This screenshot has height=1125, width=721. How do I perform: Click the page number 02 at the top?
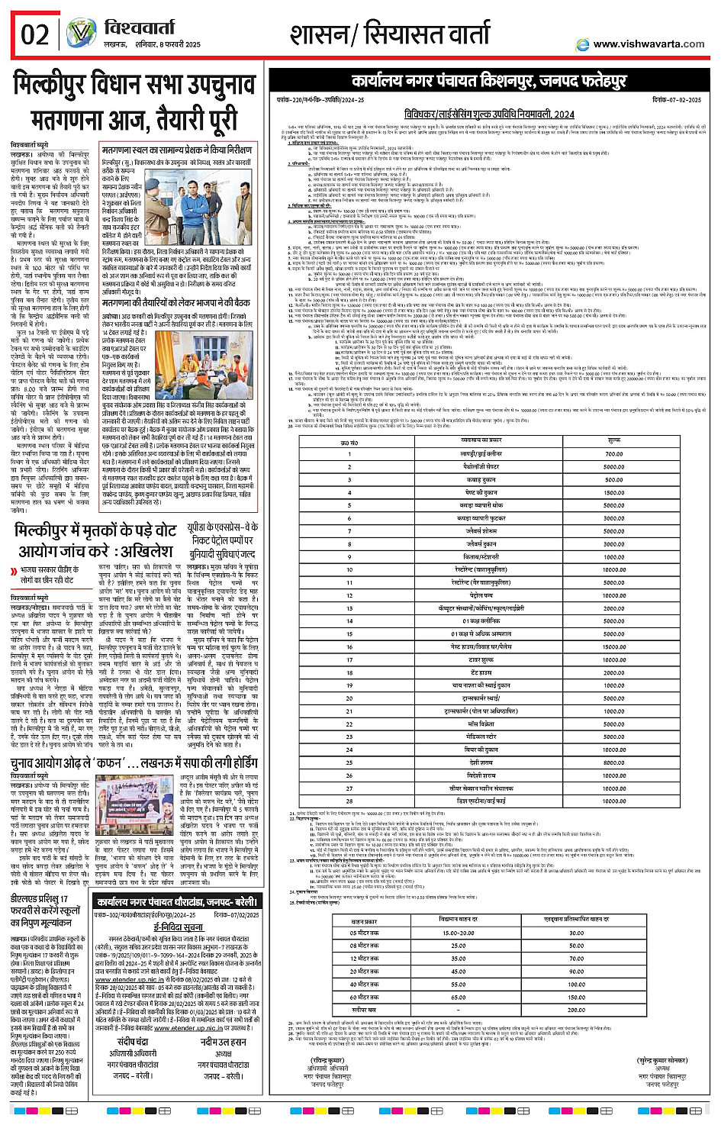pyautogui.click(x=35, y=35)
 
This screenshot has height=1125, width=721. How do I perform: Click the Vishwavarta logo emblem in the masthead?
pyautogui.click(x=80, y=34)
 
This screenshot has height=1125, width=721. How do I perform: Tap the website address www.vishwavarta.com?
pyautogui.click(x=649, y=44)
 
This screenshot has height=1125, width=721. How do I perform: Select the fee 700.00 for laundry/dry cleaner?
pyautogui.click(x=613, y=453)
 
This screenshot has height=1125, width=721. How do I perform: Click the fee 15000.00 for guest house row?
pyautogui.click(x=613, y=646)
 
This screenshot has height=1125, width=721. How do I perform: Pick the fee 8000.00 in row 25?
pyautogui.click(x=613, y=762)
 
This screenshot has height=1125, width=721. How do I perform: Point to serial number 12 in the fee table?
pyautogui.click(x=350, y=595)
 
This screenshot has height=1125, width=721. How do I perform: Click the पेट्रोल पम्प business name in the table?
pyautogui.click(x=482, y=595)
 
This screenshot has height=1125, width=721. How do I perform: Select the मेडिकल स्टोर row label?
pyautogui.click(x=481, y=737)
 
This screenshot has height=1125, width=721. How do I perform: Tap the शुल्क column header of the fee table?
pyautogui.click(x=614, y=440)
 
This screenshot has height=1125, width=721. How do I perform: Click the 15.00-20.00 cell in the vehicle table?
pyautogui.click(x=458, y=933)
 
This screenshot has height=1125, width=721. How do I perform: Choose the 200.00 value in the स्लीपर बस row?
pyautogui.click(x=576, y=1010)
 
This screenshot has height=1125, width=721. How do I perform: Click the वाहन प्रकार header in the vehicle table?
pyautogui.click(x=364, y=921)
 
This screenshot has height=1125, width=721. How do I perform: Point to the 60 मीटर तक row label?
pyautogui.click(x=364, y=997)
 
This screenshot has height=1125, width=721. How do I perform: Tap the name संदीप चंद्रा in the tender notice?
pyautogui.click(x=132, y=1043)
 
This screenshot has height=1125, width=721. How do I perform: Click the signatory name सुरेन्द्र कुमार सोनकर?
pyautogui.click(x=662, y=1060)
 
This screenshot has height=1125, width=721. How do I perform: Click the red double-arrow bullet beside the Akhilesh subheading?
pyautogui.click(x=14, y=572)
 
